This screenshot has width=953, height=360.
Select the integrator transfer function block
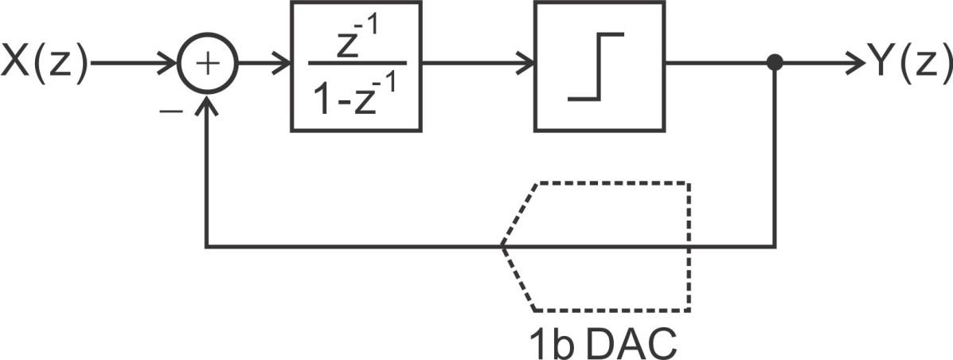(355, 65)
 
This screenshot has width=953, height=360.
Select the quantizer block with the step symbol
(599, 65)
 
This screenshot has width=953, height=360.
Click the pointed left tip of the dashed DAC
(502, 247)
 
